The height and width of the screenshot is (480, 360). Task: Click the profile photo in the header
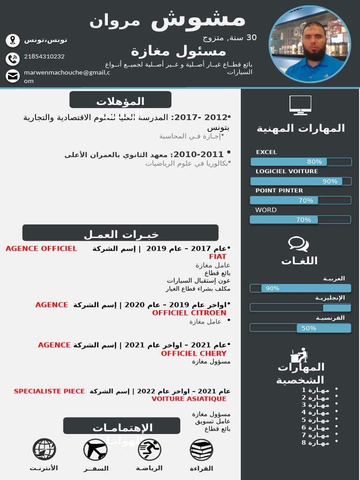pos(310,45)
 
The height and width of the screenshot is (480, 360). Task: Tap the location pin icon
pos(13,40)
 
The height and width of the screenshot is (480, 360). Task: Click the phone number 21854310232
pos(44,57)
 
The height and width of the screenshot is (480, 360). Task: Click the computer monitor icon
pos(300,105)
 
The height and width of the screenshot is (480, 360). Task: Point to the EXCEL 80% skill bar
pos(301,162)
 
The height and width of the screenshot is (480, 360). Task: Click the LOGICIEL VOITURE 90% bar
pos(301,181)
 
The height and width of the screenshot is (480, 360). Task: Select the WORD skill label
pos(266,210)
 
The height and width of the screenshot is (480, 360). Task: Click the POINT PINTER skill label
pos(279,191)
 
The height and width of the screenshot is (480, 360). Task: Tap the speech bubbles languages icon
pos(298,244)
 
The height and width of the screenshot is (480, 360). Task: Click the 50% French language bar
pos(300,328)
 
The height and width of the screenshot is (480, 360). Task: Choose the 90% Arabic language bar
pos(300,288)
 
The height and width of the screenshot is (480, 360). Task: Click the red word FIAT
pos(217,257)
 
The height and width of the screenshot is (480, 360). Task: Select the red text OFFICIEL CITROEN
pos(189,313)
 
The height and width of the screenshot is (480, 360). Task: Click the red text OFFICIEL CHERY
pos(194,353)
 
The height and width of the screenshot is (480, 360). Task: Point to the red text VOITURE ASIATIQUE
pos(189,399)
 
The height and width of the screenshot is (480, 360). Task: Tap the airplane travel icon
pos(95,450)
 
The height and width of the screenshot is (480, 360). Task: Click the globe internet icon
pos(45,450)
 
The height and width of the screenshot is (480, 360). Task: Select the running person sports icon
pos(150,450)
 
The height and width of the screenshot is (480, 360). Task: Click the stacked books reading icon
pos(202,450)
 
